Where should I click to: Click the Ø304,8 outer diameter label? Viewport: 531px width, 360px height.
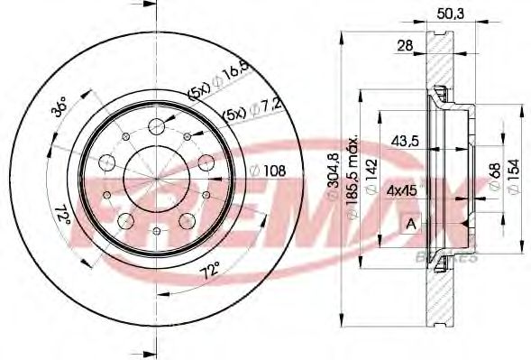335,180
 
